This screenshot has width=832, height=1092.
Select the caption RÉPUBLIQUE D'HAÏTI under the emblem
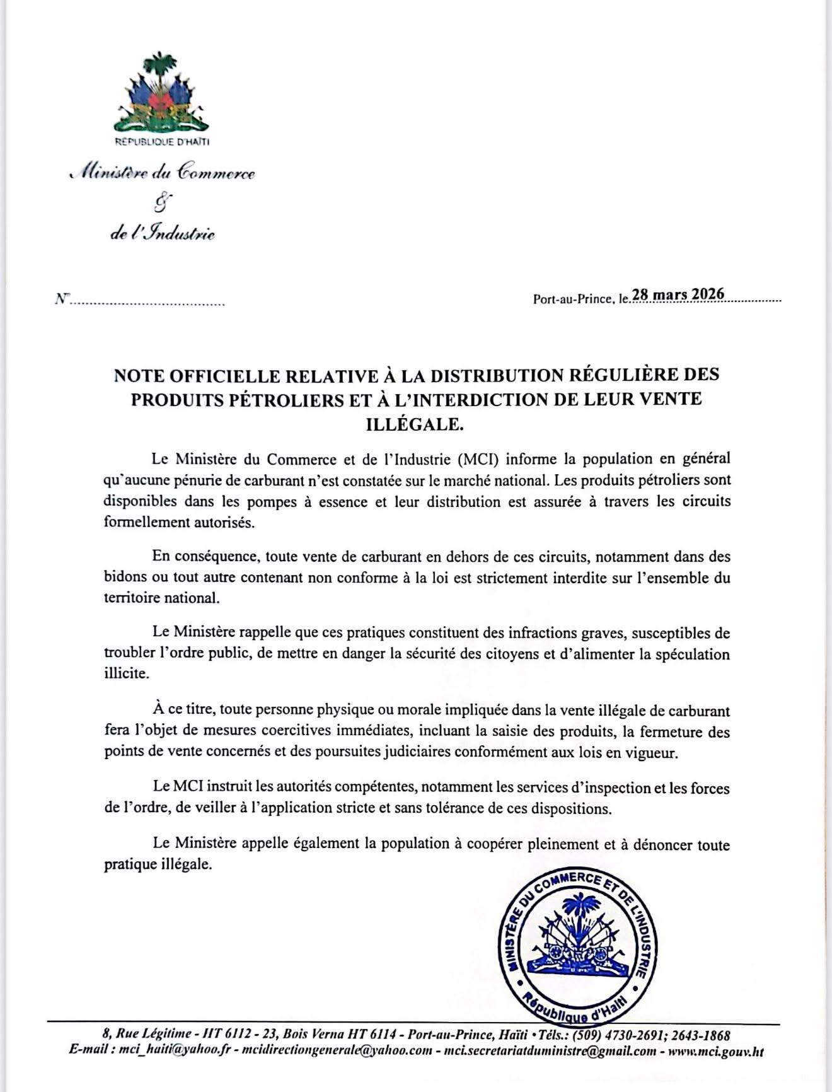click(162, 142)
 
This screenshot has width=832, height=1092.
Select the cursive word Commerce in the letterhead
click(217, 173)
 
